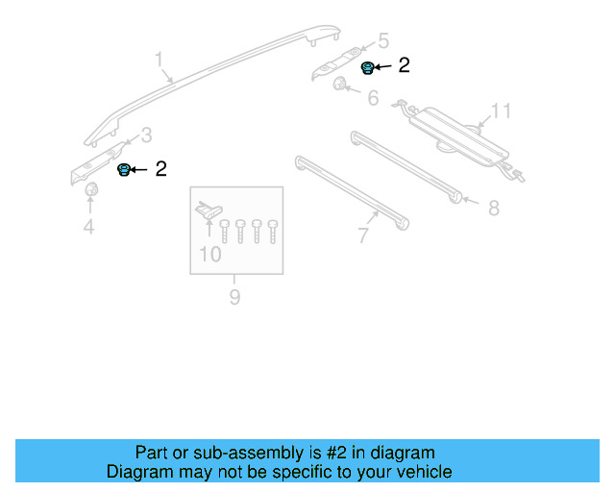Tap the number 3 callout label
[146, 135]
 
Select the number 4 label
[88, 228]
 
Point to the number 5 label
[383, 41]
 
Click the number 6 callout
[373, 98]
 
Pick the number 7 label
[363, 235]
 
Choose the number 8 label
[493, 208]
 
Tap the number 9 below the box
[234, 297]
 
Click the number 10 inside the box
[209, 255]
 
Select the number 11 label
[501, 111]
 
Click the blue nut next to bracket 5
[366, 67]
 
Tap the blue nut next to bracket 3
[123, 170]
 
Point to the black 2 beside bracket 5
[404, 65]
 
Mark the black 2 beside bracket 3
[160, 169]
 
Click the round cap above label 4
[91, 193]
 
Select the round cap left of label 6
[341, 87]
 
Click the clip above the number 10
[208, 207]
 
